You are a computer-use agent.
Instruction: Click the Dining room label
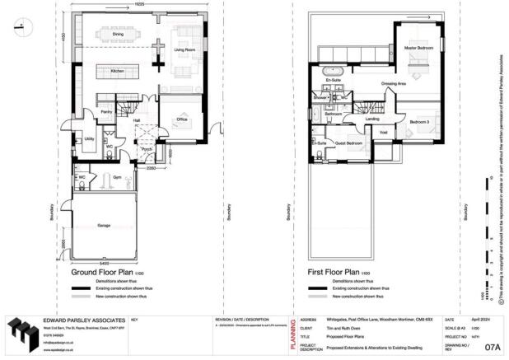pyautogui.click(x=119, y=35)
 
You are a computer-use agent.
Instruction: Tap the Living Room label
pyautogui.click(x=184, y=49)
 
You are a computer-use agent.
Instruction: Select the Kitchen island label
pyautogui.click(x=117, y=72)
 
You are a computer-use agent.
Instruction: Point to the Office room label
pyautogui.click(x=182, y=119)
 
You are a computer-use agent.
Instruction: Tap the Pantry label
pyautogui.click(x=106, y=111)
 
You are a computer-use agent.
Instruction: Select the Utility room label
pyautogui.click(x=88, y=139)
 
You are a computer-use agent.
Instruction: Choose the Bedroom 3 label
pyautogui.click(x=419, y=122)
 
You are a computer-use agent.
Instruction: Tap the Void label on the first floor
pyautogui.click(x=383, y=133)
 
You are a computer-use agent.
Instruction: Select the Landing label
pyautogui.click(x=372, y=119)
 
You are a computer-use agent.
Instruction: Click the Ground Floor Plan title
pyautogui.click(x=105, y=271)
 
